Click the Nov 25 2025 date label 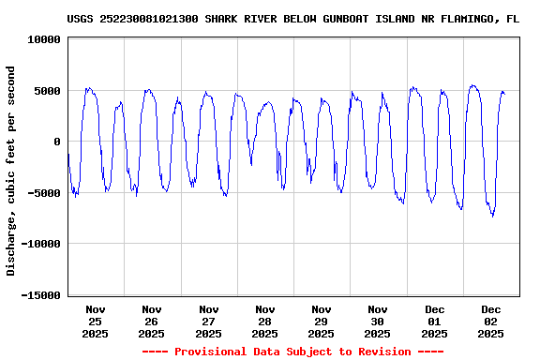pyautogui.click(x=95, y=321)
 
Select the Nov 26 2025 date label pyautogui.click(x=151, y=321)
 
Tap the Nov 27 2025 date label pyautogui.click(x=208, y=321)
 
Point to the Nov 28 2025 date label pyautogui.click(x=264, y=321)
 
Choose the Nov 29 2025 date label pyautogui.click(x=321, y=321)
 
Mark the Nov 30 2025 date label pyautogui.click(x=378, y=321)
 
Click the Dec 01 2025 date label pyautogui.click(x=434, y=321)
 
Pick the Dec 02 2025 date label pyautogui.click(x=491, y=321)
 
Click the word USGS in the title pyautogui.click(x=81, y=19)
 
